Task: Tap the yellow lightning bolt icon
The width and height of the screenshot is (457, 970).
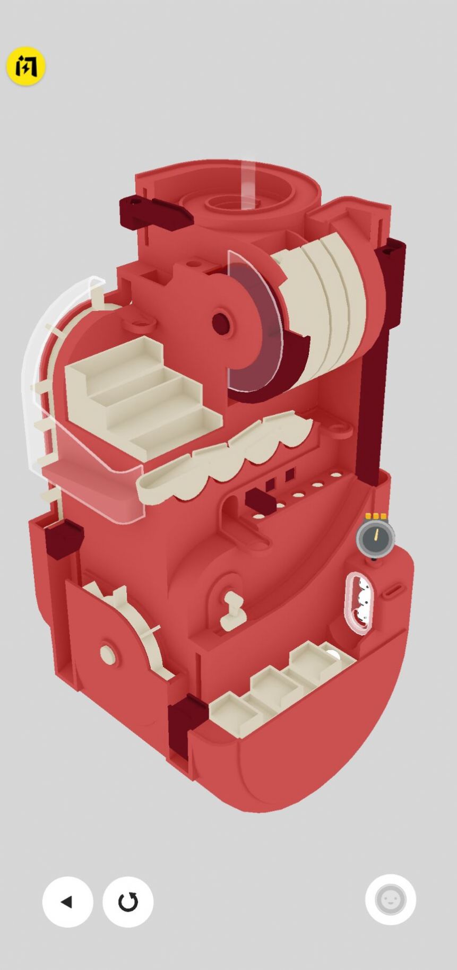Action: click(25, 66)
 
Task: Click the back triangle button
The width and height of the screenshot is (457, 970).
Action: click(67, 902)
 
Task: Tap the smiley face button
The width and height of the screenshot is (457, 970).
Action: click(390, 899)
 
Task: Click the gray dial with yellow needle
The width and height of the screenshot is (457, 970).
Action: click(375, 537)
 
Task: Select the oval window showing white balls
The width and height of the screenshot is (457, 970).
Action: click(360, 602)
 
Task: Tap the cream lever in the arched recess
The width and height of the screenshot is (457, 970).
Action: click(232, 611)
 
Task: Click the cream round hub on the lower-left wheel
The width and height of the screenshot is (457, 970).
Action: click(108, 655)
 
